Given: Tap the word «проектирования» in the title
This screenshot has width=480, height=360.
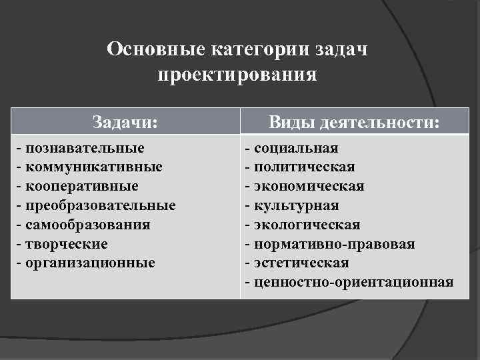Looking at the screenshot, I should point(237,73).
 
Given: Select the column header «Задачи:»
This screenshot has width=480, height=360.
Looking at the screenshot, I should point(125,122).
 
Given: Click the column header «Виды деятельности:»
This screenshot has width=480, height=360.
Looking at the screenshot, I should point(355,122).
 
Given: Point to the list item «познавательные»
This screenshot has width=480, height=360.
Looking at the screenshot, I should point(85,147).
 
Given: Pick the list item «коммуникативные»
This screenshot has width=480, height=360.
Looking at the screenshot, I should point(93,166).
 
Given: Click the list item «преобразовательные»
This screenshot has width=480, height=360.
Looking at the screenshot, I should point(101,205).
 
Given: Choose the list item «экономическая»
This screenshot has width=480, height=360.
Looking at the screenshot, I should point(309,185).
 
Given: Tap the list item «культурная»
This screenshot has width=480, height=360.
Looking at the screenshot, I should point(297,205).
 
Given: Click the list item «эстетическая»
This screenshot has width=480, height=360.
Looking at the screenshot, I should point(301,263).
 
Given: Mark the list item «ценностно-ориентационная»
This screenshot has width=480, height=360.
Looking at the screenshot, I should point(353,282).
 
